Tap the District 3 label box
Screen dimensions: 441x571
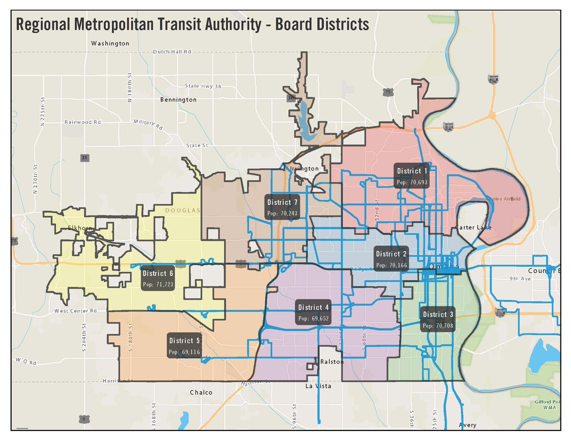pos(438,319)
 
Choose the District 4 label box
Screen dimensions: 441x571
pos(313,313)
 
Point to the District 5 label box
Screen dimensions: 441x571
pos(185,346)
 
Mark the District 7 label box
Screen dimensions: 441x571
pos(283,208)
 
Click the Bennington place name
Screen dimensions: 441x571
pos(178,100)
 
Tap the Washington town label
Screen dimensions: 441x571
pos(110,43)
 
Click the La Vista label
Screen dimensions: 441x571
pos(318,386)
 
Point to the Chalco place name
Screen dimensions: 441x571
pos(201,392)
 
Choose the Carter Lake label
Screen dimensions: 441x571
pos(473,227)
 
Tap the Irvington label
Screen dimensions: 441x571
pos(305,168)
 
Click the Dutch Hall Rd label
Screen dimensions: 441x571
pos(172,51)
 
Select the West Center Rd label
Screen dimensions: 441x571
pos(76,311)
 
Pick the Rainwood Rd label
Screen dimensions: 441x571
pos(83,122)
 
